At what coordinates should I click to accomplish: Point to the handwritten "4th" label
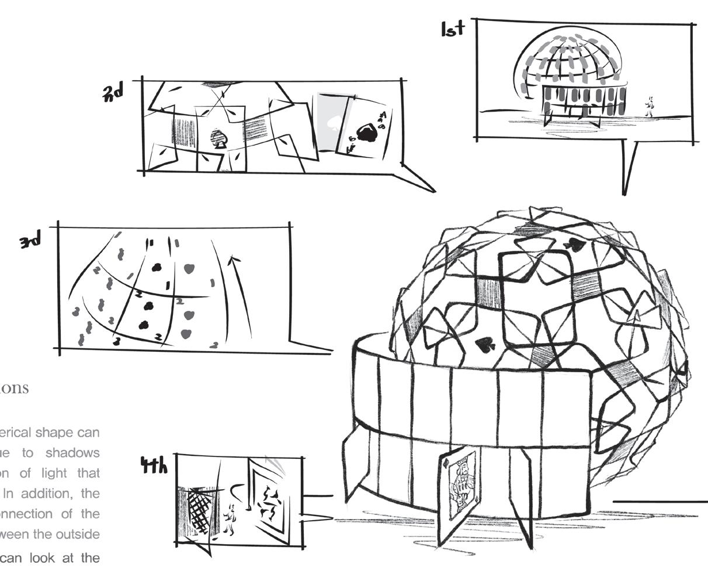(154, 465)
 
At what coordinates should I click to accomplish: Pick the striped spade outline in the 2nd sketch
(218, 139)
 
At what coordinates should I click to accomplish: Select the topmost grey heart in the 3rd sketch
(189, 269)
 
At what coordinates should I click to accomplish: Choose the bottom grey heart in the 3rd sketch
(186, 334)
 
